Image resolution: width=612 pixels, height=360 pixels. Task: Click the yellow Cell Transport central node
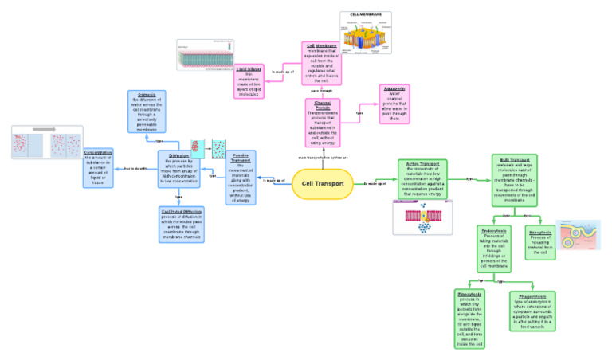click(322, 183)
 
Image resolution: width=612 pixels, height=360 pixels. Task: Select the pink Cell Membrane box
click(322, 63)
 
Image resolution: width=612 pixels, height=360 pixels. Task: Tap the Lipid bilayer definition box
click(249, 82)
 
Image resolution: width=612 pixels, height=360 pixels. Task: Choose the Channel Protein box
click(322, 123)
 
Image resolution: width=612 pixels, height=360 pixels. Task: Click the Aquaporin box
click(392, 106)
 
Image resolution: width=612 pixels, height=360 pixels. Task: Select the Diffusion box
click(178, 167)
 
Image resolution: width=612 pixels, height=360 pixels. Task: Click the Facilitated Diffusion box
click(181, 224)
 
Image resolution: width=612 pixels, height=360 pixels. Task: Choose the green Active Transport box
click(423, 178)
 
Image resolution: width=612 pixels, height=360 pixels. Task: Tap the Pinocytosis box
click(470, 319)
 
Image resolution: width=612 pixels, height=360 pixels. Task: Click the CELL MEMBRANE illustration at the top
click(366, 33)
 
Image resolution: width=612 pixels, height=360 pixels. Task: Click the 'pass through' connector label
click(321, 91)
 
